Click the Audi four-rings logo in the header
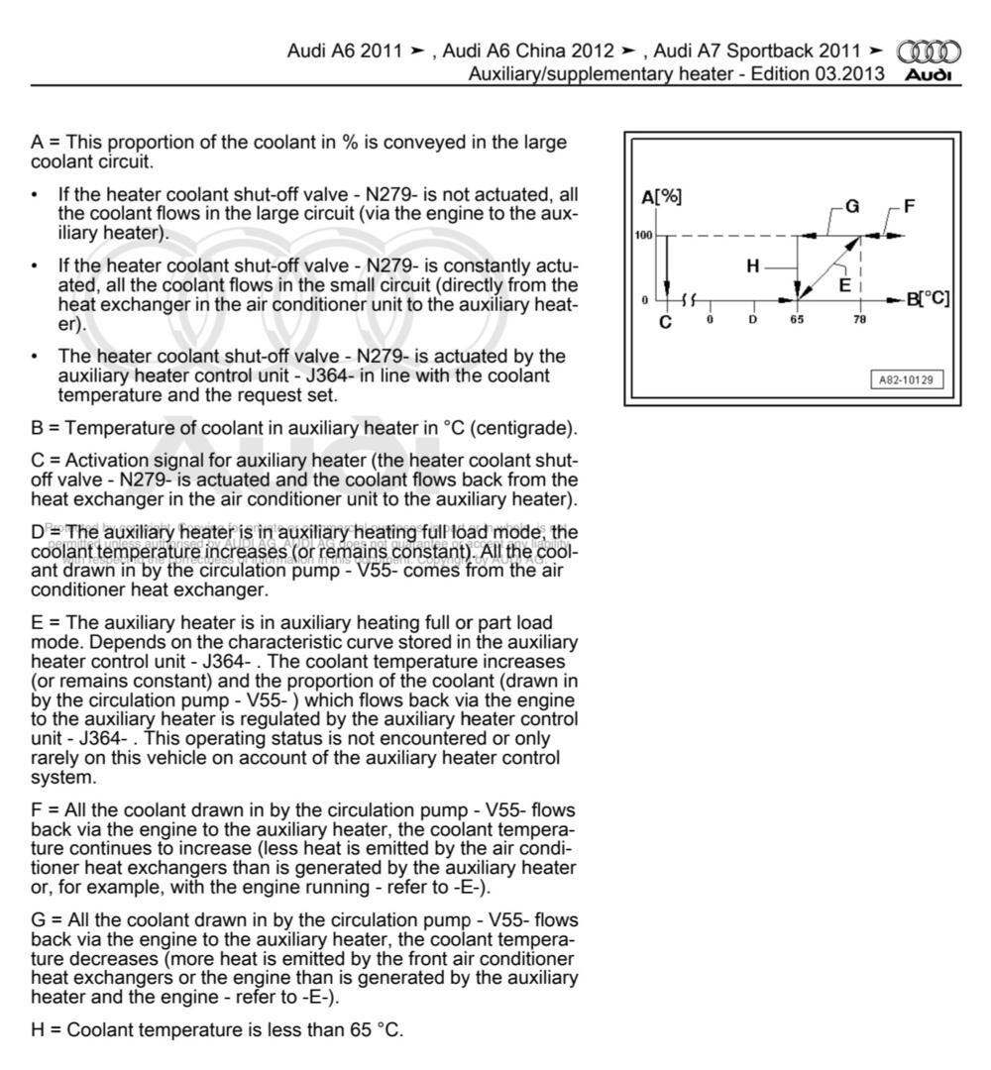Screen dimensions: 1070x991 point(929,52)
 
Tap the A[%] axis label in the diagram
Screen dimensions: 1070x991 point(661,197)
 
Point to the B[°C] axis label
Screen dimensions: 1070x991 point(928,298)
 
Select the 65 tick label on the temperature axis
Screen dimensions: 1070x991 point(797,320)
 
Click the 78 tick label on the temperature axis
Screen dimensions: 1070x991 point(859,320)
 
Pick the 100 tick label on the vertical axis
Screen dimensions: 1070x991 point(643,236)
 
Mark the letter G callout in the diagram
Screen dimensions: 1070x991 point(851,207)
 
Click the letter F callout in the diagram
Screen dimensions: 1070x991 point(909,206)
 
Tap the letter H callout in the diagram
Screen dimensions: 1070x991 point(753,266)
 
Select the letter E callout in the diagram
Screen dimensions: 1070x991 point(844,283)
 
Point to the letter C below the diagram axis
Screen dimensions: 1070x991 point(665,322)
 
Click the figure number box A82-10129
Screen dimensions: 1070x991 point(906,379)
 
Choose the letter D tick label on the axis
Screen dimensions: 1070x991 point(753,320)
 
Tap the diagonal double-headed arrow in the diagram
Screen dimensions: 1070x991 point(828,266)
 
